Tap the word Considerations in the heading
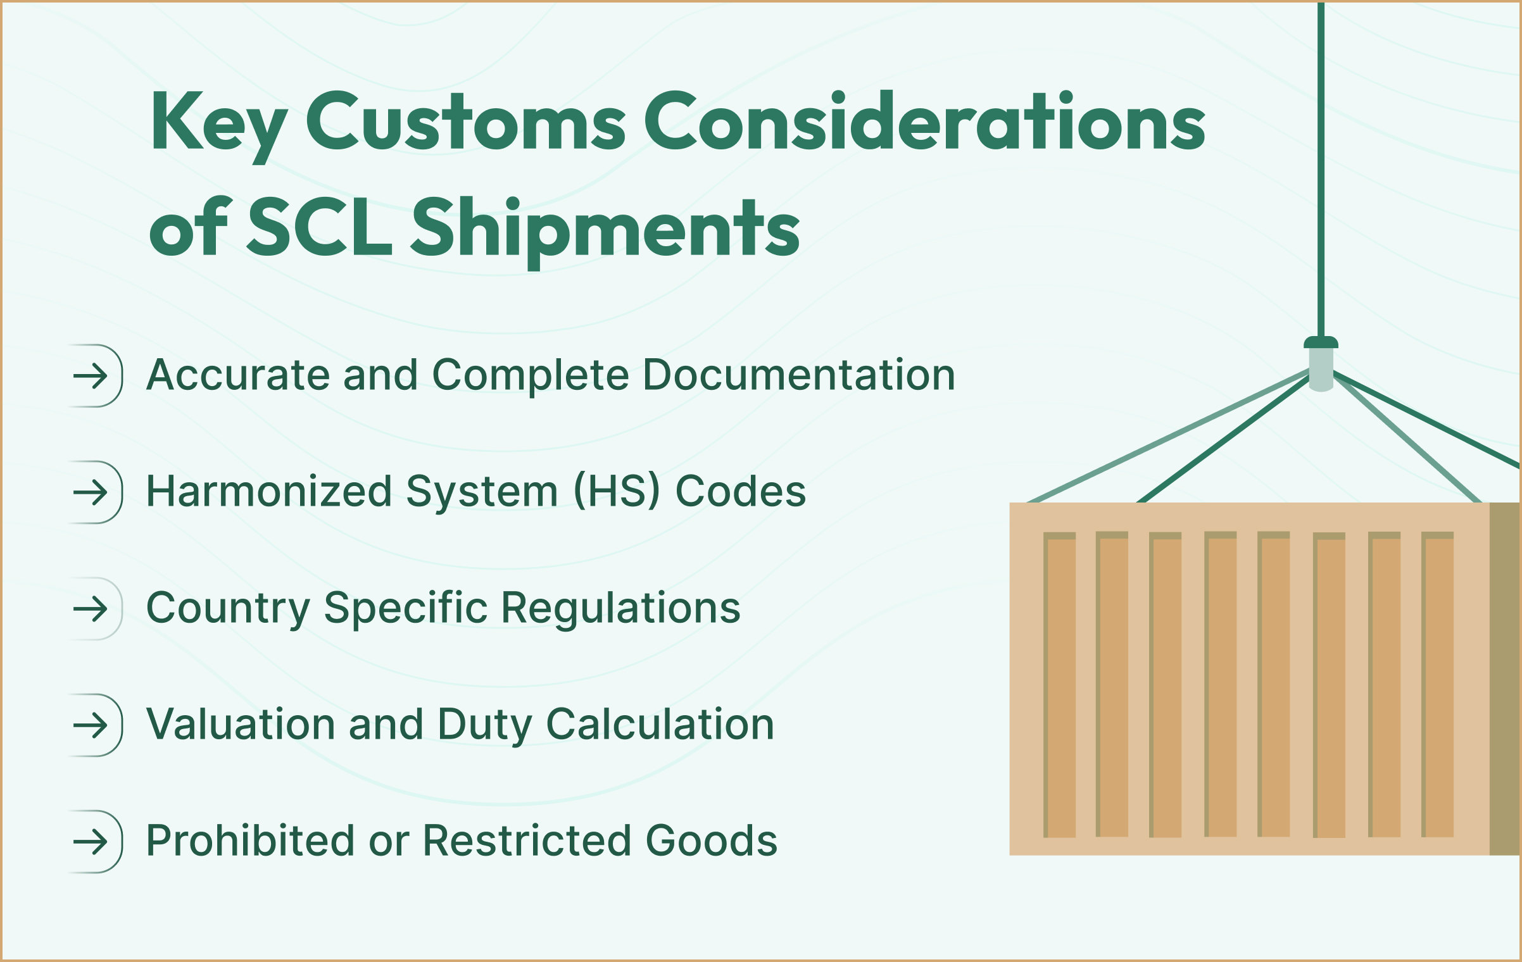[924, 122]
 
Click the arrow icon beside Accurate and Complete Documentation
[91, 376]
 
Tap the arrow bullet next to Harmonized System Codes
[91, 492]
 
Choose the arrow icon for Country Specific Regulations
[91, 609]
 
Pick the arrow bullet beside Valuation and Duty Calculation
[91, 725]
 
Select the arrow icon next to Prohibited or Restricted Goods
[91, 842]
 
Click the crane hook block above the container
[1321, 364]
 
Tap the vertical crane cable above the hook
[1321, 171]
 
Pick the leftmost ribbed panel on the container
[1059, 685]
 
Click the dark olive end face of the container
[1505, 678]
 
